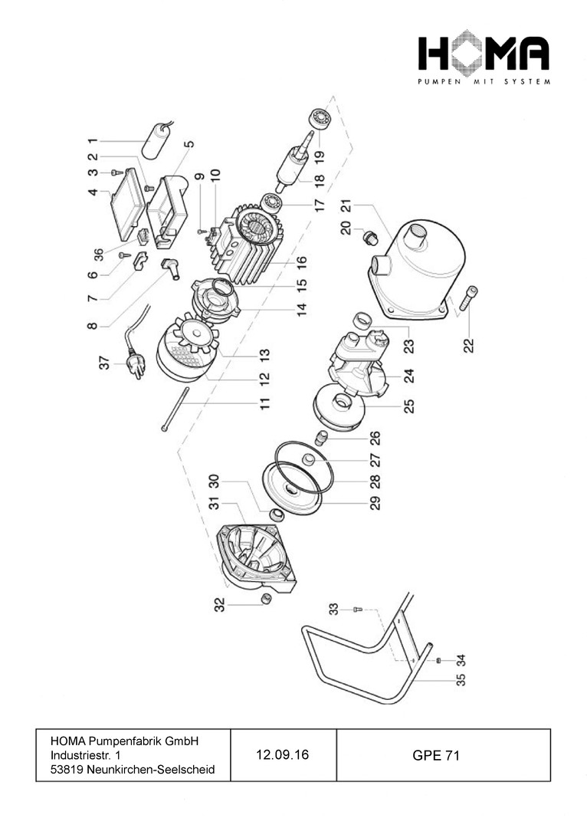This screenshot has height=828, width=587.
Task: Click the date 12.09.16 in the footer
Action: (283, 755)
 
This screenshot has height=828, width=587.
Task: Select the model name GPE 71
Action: (435, 755)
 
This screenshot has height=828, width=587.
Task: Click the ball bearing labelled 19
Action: (318, 120)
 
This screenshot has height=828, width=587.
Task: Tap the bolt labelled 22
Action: (469, 298)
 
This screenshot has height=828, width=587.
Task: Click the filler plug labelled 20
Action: (370, 236)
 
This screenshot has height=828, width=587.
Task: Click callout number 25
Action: (408, 406)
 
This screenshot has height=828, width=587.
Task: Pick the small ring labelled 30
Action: (277, 513)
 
